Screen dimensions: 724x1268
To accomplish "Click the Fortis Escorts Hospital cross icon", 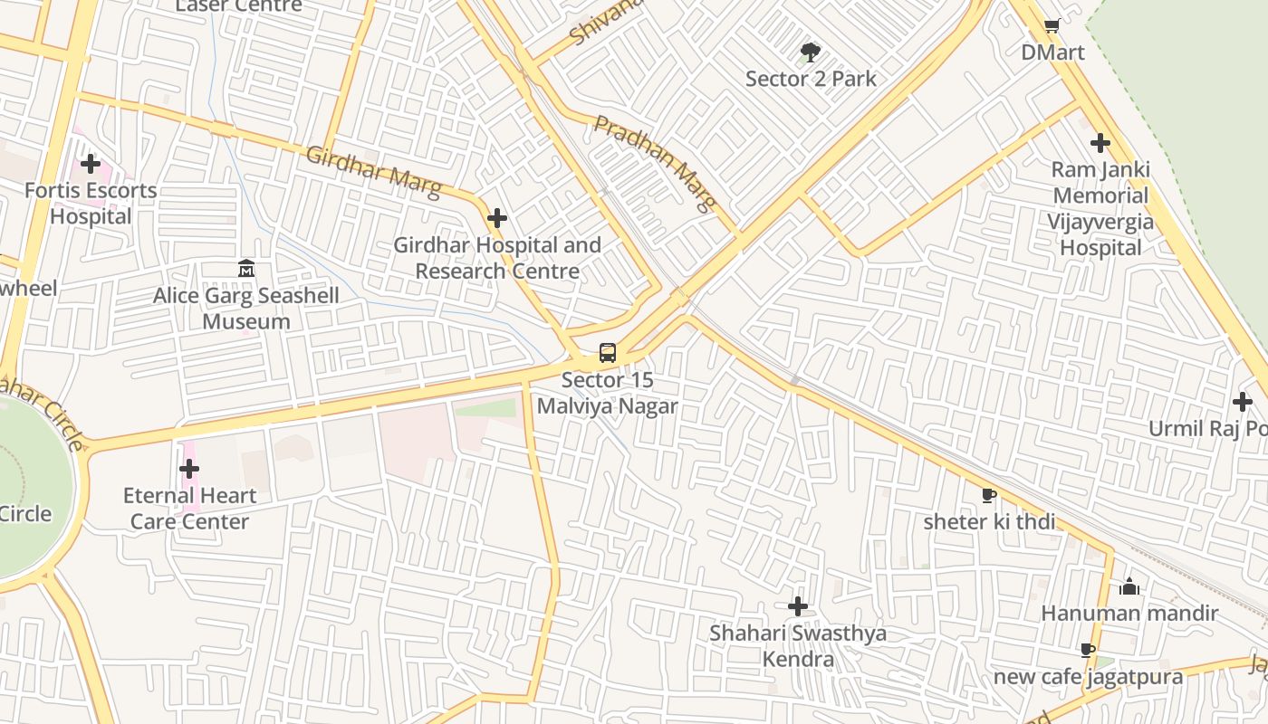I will (x=90, y=164).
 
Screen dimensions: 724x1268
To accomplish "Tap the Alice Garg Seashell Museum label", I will (x=246, y=309).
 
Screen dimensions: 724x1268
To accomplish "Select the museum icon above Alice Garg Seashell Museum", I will (x=245, y=269).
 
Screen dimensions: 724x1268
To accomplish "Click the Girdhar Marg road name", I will (x=373, y=172).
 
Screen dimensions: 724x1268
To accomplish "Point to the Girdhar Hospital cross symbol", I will (x=496, y=218).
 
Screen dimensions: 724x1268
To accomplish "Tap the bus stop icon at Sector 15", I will (x=608, y=353).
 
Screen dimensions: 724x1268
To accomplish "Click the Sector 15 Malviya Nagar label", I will (x=607, y=393).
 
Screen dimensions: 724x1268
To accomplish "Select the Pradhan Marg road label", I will (x=655, y=163).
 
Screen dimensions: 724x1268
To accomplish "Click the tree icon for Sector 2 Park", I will (x=811, y=52).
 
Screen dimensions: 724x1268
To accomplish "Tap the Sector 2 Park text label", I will (x=811, y=79).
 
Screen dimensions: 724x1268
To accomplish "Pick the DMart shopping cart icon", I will (x=1052, y=26).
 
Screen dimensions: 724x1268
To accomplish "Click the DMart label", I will (x=1052, y=52).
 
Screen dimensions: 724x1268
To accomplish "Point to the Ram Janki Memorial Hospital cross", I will (x=1100, y=143).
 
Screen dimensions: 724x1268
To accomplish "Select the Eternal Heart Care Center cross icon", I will (x=189, y=469).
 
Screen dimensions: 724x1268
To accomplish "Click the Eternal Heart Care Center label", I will (x=189, y=509).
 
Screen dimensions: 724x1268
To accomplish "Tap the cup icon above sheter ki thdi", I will (x=988, y=495).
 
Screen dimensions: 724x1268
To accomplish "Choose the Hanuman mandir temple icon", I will (x=1129, y=587).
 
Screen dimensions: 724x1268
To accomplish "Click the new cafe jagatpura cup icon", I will (x=1088, y=651).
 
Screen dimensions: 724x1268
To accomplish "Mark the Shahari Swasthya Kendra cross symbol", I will (x=798, y=606).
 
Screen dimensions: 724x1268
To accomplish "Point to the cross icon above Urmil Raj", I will (x=1243, y=402).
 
